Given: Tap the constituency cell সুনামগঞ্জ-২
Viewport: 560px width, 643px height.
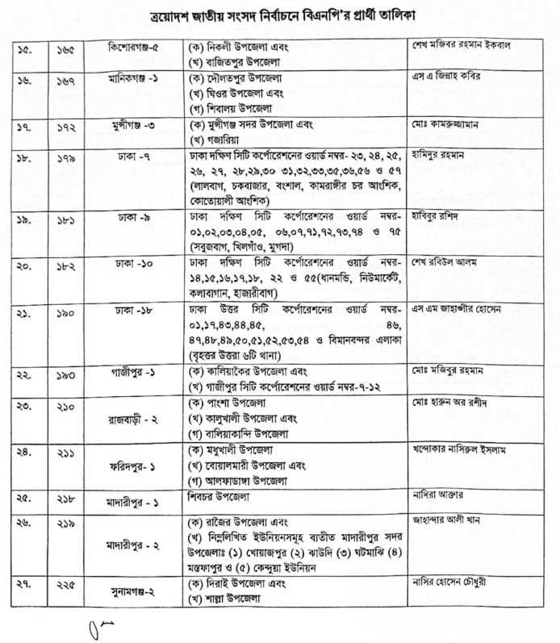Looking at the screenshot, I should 127,591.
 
